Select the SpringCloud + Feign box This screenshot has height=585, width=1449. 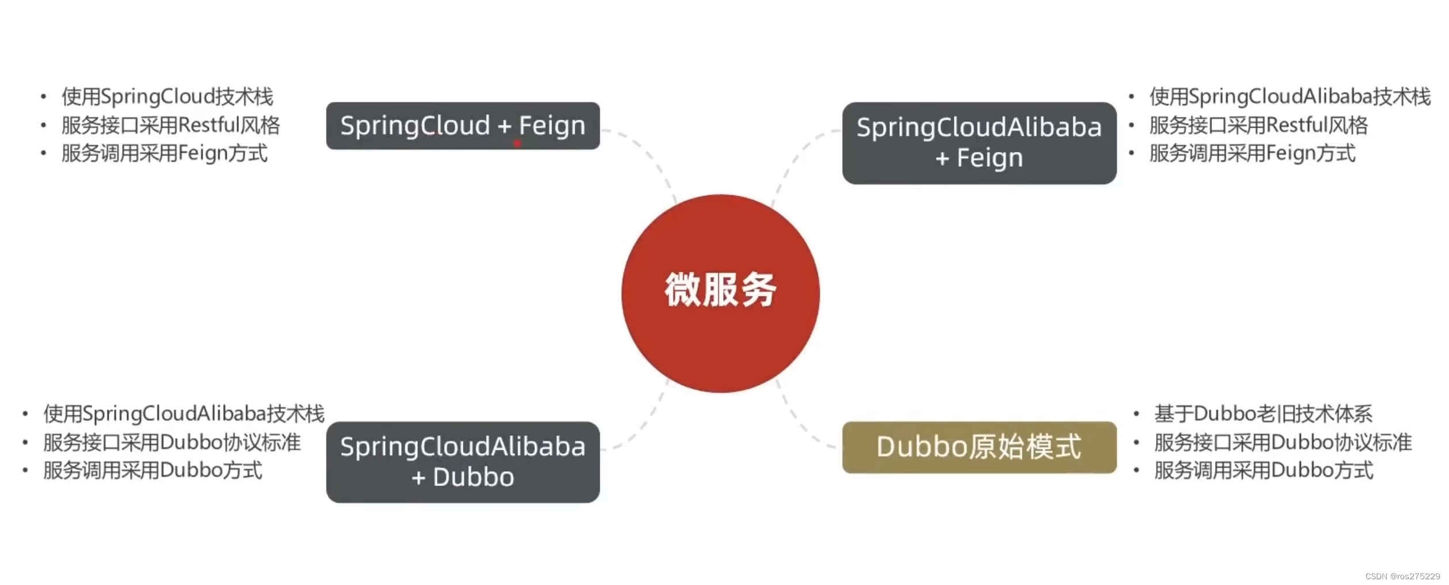(x=462, y=126)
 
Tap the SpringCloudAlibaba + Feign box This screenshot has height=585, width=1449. (x=979, y=143)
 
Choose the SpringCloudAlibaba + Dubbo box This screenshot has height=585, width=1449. (x=462, y=462)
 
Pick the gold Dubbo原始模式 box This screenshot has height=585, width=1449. (x=979, y=447)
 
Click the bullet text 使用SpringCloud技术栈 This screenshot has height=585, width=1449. (x=167, y=97)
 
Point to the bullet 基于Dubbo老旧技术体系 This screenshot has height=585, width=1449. (x=1262, y=413)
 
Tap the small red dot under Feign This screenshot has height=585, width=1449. (x=517, y=143)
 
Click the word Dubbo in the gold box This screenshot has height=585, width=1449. (x=922, y=447)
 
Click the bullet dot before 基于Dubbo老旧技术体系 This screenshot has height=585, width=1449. (x=1136, y=413)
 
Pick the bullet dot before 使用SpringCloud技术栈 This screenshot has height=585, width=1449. (x=43, y=97)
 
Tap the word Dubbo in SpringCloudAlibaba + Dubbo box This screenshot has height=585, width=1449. (x=473, y=477)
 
